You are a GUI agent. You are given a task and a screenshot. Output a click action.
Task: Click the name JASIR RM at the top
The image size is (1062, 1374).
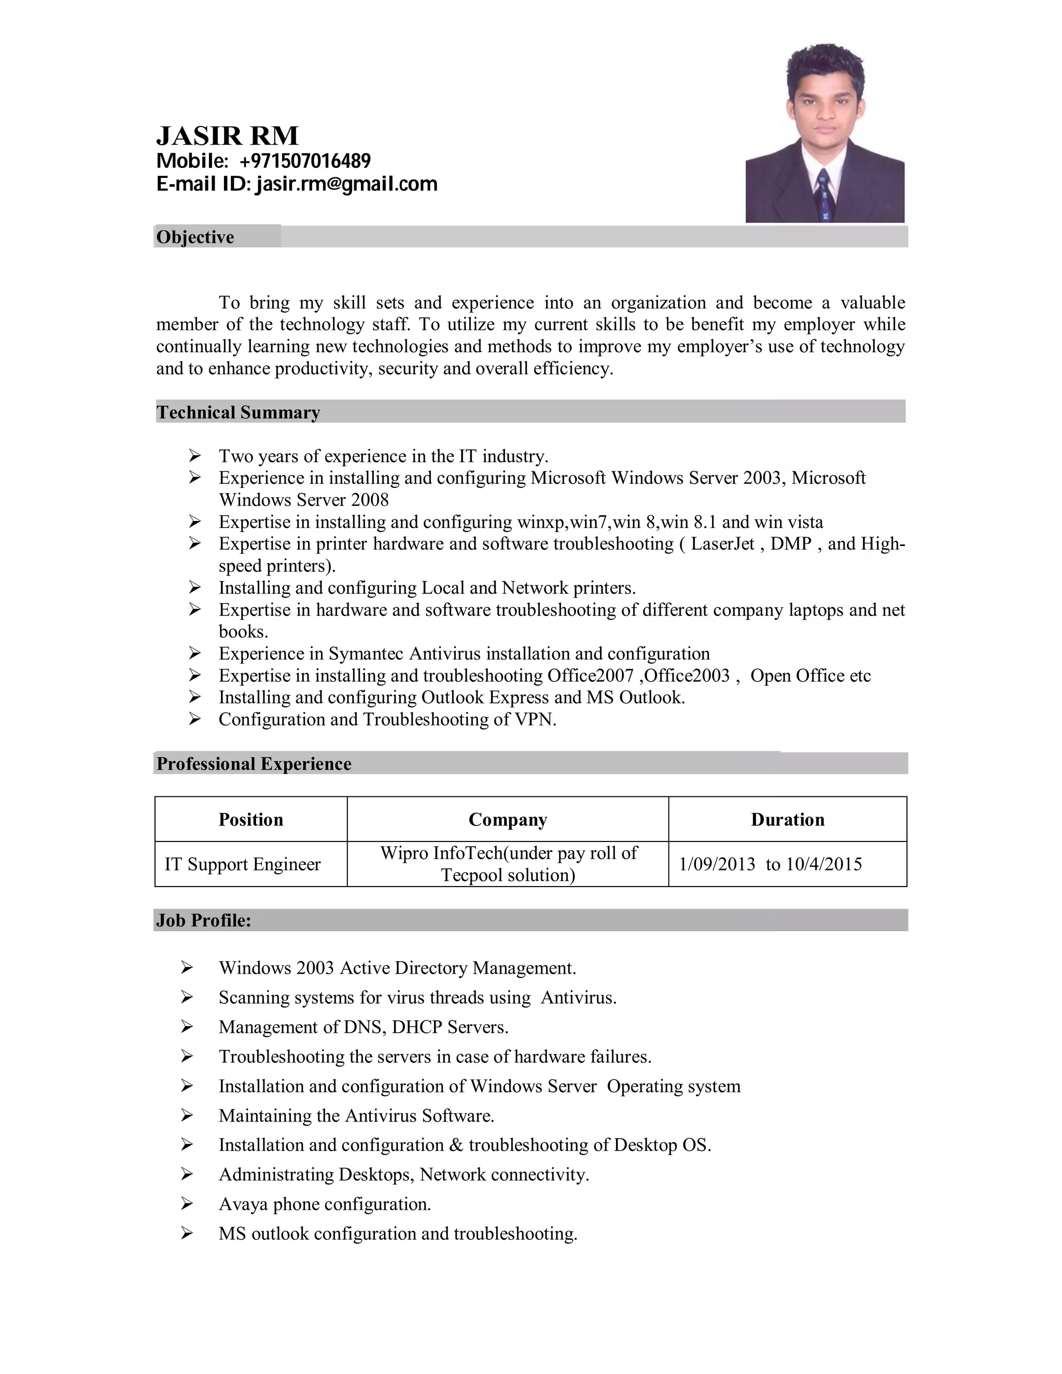point(227,136)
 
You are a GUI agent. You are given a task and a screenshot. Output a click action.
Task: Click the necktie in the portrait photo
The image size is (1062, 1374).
point(824,194)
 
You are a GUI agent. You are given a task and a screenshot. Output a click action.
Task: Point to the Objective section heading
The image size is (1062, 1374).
point(195,237)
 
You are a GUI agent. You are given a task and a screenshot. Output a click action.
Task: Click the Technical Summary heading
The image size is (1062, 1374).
point(239,412)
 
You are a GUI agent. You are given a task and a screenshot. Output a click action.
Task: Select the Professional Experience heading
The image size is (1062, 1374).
point(254,764)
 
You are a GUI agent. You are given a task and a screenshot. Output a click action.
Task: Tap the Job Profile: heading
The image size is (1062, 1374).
point(203,920)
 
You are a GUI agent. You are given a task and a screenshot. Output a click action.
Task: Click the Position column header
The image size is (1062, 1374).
point(250,820)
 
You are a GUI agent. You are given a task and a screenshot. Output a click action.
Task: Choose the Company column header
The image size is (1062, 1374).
point(508,820)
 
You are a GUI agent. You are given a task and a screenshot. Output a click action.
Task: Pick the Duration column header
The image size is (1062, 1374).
point(787,820)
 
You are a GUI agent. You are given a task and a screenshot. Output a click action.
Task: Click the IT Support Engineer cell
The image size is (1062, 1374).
point(242,864)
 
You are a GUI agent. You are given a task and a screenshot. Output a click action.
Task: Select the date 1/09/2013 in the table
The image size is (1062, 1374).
point(717,864)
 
